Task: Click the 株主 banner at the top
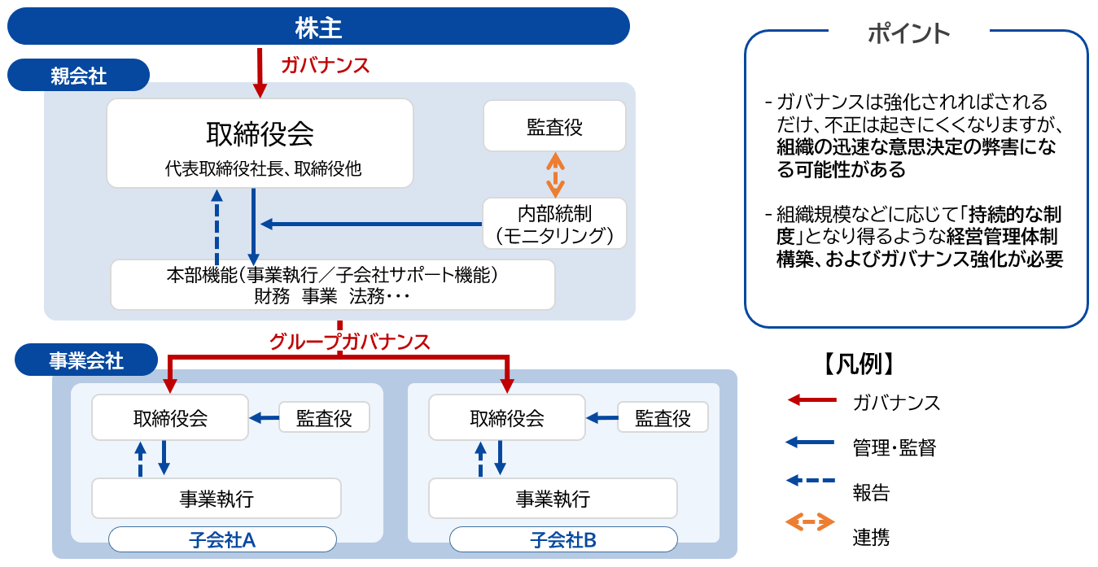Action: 318,26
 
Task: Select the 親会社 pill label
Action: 78,75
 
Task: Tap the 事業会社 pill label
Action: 86,360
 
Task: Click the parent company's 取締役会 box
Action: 260,143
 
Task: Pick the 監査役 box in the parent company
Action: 554,126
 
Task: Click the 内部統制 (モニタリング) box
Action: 554,224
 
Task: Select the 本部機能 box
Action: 333,285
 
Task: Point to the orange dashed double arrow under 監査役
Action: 555,175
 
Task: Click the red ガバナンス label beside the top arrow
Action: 325,65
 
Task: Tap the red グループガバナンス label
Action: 349,342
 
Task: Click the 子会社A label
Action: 222,539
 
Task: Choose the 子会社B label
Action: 564,539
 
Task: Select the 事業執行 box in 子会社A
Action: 217,499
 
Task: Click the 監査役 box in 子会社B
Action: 663,417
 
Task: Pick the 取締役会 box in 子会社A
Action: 170,417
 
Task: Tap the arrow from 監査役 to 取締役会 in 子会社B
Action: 602,418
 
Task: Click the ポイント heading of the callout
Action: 909,33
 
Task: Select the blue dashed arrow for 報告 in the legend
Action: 810,480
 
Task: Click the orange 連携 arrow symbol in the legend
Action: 810,522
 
